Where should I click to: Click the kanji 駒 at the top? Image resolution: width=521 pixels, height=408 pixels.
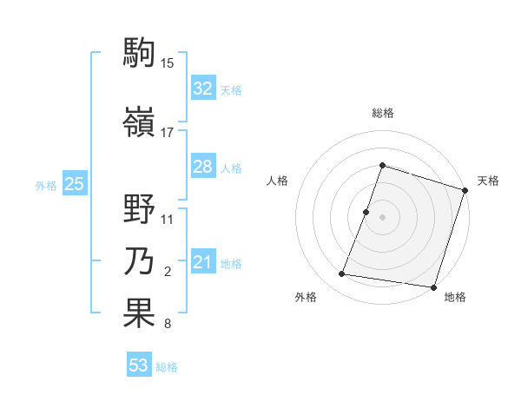(x=139, y=51)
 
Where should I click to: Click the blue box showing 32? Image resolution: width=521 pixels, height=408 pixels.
(x=202, y=89)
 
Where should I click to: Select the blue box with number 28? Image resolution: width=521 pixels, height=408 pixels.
(x=202, y=167)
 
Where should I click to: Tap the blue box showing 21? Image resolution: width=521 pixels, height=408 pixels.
(x=202, y=263)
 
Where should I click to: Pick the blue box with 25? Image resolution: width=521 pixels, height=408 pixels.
(x=74, y=184)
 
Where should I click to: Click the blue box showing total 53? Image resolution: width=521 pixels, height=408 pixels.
(x=138, y=365)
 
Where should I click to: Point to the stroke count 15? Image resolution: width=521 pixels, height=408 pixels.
(x=168, y=63)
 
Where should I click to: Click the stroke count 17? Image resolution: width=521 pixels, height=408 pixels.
(x=168, y=132)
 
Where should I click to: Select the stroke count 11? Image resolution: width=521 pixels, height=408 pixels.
(x=168, y=220)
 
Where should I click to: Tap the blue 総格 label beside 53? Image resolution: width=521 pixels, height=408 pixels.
(x=167, y=367)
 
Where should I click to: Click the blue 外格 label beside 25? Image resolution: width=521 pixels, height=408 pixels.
(x=46, y=185)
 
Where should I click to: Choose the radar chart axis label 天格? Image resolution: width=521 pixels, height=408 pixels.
(x=488, y=181)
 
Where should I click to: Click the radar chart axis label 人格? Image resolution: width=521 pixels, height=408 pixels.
(x=277, y=181)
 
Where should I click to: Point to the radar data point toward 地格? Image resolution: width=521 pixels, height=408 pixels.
(x=432, y=286)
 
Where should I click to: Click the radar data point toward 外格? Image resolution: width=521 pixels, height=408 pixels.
(x=342, y=274)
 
